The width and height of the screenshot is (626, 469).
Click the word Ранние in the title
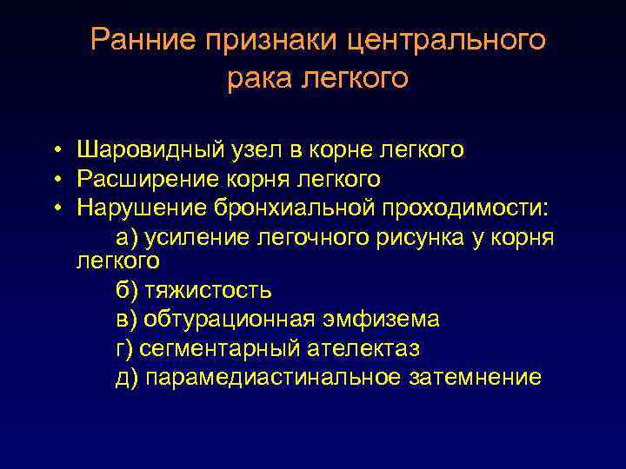click(x=140, y=41)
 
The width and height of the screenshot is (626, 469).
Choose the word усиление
click(x=196, y=236)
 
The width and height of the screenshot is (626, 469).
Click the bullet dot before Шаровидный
click(x=55, y=151)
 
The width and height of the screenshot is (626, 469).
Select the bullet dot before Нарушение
click(x=55, y=208)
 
